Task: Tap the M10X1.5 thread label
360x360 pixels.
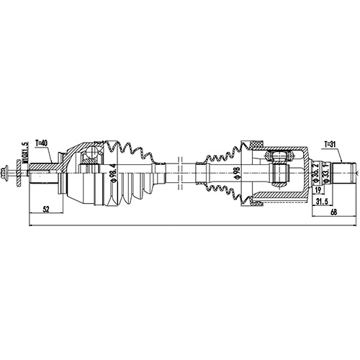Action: (x=25, y=153)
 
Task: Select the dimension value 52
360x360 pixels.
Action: (x=47, y=209)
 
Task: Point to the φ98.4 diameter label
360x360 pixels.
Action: (x=113, y=174)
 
